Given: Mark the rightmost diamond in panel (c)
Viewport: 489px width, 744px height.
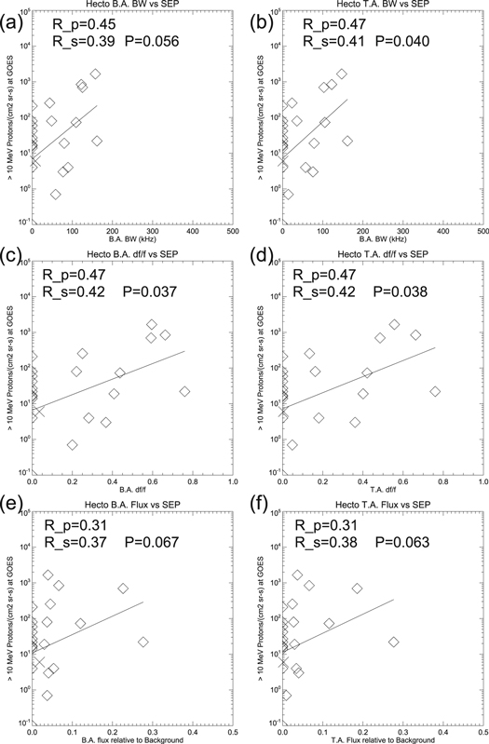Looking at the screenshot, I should click(x=184, y=392).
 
